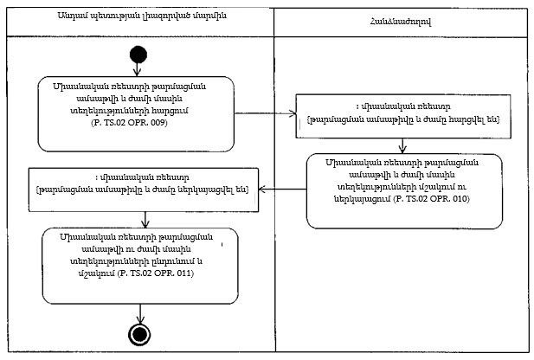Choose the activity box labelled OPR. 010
click(403, 191)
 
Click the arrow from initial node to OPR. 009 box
click(135, 70)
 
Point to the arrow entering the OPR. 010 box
click(403, 144)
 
